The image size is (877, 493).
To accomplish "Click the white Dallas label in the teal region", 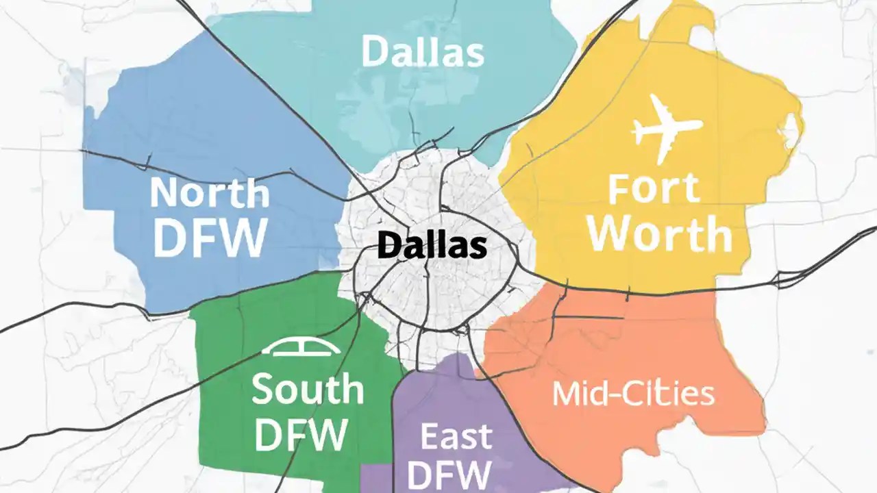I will [422, 51].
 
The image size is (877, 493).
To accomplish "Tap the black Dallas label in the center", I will [432, 246].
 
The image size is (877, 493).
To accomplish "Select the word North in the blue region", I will [210, 193].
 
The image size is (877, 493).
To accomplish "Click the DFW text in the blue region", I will [210, 237].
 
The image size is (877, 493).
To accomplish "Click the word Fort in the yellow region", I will [654, 188].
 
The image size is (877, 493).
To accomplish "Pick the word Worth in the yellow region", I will [660, 234].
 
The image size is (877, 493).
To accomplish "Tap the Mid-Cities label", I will [633, 394].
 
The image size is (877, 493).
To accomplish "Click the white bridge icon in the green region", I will [302, 348].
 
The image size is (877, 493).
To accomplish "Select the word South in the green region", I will [308, 389].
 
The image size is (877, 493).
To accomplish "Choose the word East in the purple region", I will [455, 437].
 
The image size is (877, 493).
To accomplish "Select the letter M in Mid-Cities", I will [567, 394].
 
